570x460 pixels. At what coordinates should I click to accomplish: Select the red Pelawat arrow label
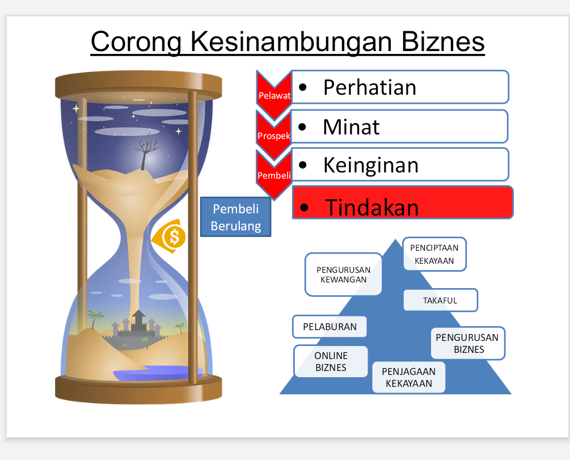tap(274, 95)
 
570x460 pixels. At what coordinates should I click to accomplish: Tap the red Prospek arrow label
tap(274, 136)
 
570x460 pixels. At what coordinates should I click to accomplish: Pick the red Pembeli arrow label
tap(274, 175)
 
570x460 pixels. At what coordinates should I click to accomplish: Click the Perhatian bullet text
tap(370, 87)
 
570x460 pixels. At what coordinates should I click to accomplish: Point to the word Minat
tap(351, 126)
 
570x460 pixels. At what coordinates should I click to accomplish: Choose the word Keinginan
tap(371, 165)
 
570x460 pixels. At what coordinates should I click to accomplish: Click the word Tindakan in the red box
tap(372, 208)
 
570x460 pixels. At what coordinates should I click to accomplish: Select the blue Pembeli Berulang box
tap(236, 217)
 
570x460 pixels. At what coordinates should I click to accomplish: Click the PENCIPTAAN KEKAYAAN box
tap(435, 254)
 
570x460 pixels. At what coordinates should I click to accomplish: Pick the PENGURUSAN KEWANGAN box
tap(343, 275)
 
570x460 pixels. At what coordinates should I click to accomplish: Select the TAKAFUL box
tap(440, 300)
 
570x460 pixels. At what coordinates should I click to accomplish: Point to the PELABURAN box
tap(330, 327)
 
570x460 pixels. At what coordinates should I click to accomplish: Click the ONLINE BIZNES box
tap(331, 361)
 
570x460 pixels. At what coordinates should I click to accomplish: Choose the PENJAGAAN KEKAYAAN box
tap(408, 377)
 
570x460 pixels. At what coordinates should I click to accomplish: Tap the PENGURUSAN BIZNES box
tap(468, 343)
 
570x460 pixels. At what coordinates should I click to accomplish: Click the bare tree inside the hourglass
tap(146, 149)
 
